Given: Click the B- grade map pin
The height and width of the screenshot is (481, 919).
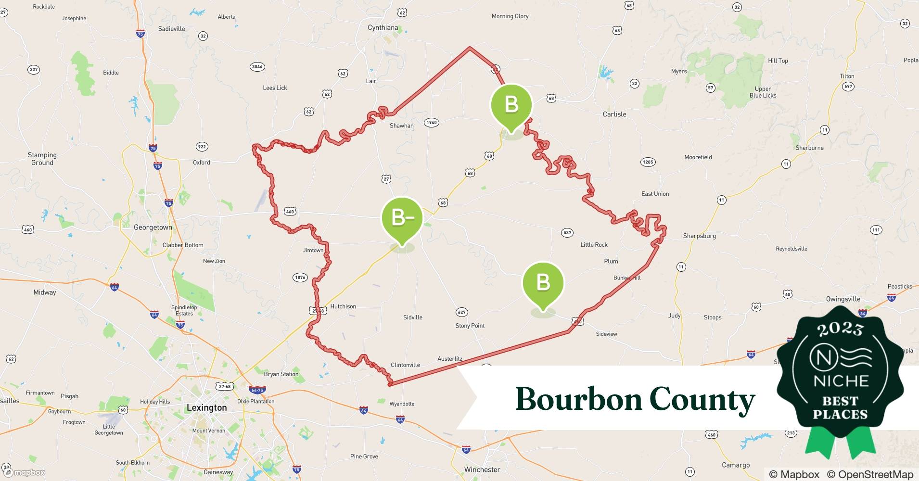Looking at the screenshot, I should point(402,218).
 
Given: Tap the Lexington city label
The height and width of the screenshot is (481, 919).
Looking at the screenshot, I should point(206,408).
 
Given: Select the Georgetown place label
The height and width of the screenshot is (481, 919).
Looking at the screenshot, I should point(153,228).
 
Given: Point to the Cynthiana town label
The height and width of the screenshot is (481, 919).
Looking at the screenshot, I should point(383,28).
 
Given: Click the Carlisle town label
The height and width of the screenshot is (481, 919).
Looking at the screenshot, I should point(614,114).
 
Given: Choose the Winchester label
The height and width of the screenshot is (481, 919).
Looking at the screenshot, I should point(482,469).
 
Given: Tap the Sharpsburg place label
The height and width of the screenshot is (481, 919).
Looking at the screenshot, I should point(699,236).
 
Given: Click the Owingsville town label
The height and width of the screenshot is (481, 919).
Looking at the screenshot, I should point(842,299).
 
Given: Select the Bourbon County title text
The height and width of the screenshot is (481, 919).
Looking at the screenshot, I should point(635,399).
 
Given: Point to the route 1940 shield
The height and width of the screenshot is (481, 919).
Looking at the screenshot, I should point(432,123).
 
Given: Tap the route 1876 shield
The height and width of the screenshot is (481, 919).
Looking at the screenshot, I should point(300,278).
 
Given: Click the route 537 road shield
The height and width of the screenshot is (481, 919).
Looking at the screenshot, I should point(567,233).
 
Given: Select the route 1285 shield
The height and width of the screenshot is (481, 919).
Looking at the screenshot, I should point(648,162).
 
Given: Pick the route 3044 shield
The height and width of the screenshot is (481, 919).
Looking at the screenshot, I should point(257,67).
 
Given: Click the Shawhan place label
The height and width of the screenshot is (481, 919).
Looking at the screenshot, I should point(401,126).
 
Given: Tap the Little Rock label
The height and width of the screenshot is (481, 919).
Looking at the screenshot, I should point(594,245).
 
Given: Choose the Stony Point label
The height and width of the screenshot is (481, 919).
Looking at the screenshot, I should point(470,326).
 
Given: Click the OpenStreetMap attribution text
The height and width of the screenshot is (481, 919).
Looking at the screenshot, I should point(870,474).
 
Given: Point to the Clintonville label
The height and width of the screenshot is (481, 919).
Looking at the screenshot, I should point(405,365).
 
